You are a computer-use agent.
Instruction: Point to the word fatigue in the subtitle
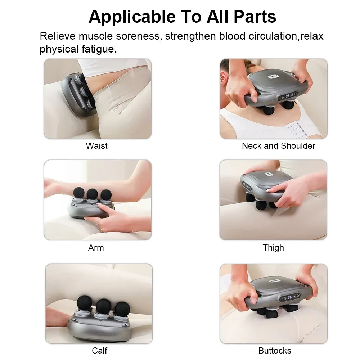point(98,49)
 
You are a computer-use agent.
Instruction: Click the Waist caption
point(96,146)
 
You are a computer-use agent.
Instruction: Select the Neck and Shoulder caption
point(278,146)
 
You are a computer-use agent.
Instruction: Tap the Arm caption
point(96,248)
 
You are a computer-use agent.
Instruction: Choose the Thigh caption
point(273,248)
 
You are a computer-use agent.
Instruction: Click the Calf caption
point(99,350)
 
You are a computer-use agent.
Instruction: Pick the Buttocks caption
point(275,350)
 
